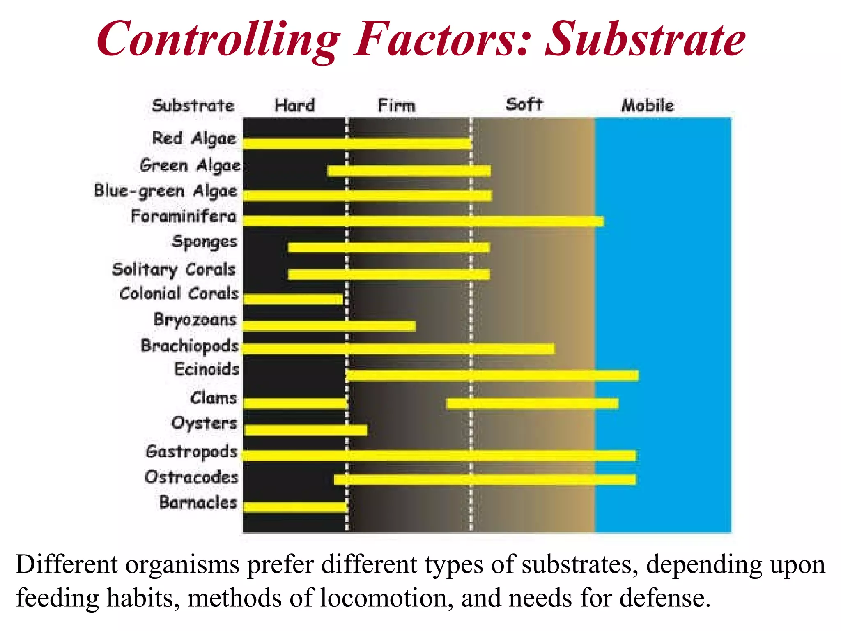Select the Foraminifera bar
[423, 221]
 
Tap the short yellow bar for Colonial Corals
[293, 299]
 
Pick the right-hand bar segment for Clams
[532, 403]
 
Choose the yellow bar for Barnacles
[295, 507]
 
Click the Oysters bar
[306, 430]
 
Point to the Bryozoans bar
[329, 326]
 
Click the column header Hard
[294, 105]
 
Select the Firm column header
[396, 106]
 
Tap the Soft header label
[524, 104]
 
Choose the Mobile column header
[647, 105]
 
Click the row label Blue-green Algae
[165, 191]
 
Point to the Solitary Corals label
[174, 269]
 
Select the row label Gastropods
[191, 451]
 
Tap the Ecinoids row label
[207, 369]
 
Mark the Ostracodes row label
[191, 477]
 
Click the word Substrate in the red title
[645, 39]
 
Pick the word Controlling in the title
[218, 39]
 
